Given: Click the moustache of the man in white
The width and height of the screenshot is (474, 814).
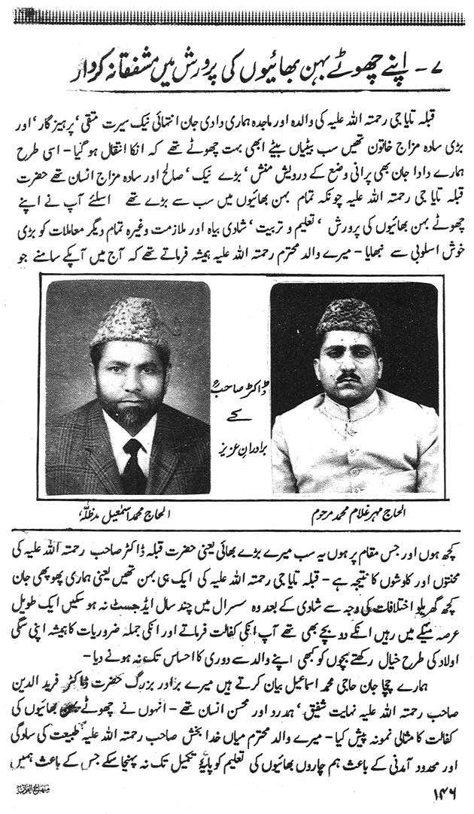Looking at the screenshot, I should click(x=348, y=376).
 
